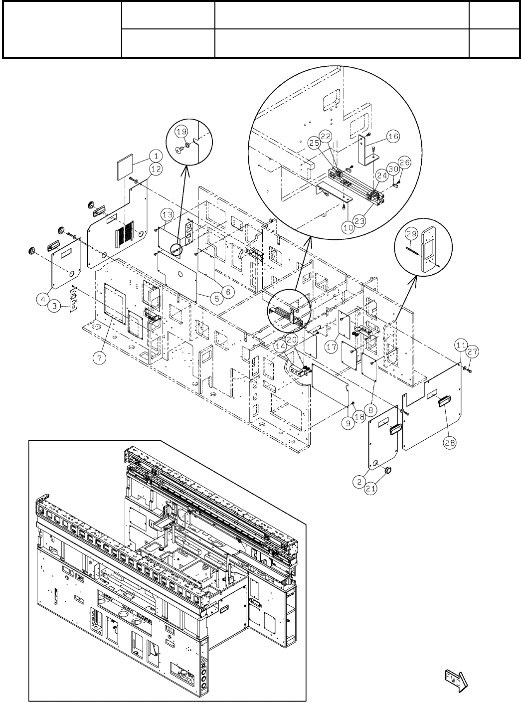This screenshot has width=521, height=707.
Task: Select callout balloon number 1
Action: tap(156, 154)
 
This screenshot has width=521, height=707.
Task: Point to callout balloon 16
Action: tap(393, 136)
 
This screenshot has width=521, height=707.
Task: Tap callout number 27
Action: tap(472, 352)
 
